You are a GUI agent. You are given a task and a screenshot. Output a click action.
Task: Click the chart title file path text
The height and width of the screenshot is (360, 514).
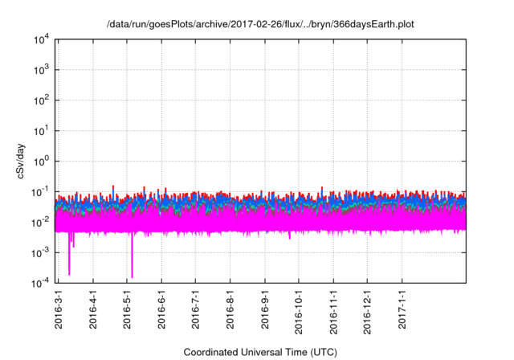click(261, 24)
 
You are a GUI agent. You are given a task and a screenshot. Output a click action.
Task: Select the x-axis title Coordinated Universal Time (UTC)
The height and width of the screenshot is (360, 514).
click(259, 352)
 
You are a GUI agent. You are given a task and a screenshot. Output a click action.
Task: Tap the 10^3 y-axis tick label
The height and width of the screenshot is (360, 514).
click(42, 70)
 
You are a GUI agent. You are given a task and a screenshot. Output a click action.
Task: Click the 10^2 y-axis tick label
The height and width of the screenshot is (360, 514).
click(42, 100)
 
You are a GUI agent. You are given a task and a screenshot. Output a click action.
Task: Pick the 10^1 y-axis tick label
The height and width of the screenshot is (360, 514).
click(42, 130)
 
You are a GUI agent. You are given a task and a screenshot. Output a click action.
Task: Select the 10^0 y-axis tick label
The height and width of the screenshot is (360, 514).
click(42, 161)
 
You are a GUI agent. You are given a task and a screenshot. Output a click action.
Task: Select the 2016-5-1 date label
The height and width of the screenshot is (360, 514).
click(128, 309)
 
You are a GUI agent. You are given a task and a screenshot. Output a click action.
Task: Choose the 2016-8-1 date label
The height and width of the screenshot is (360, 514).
click(230, 309)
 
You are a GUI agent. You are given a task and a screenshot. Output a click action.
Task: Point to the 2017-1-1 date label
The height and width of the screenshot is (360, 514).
click(402, 309)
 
